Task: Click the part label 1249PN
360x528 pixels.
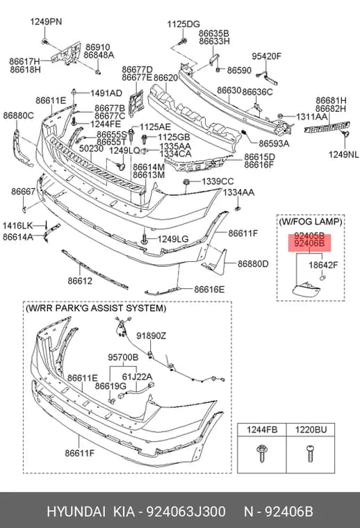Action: tap(46, 22)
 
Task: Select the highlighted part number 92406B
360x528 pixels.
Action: tap(309, 243)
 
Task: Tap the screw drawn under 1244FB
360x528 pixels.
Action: tap(261, 453)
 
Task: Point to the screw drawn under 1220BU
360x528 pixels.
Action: tap(310, 453)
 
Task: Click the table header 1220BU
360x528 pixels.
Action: tap(311, 429)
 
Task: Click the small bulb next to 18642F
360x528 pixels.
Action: tap(322, 278)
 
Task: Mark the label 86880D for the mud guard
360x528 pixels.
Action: tap(253, 264)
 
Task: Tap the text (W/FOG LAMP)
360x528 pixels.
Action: tap(310, 222)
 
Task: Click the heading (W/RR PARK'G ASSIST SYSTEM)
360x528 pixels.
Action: tap(96, 308)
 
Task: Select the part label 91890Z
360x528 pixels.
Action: tap(152, 336)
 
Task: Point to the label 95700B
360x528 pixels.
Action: tap(123, 357)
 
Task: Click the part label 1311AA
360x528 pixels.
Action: tap(311, 117)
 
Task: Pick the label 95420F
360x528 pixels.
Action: tap(266, 56)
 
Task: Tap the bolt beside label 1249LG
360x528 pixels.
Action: tap(145, 239)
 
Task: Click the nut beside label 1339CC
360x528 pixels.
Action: tap(186, 182)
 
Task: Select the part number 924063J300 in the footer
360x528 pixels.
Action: tap(186, 511)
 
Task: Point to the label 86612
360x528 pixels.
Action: tap(80, 281)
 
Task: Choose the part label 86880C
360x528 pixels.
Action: tap(19, 115)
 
